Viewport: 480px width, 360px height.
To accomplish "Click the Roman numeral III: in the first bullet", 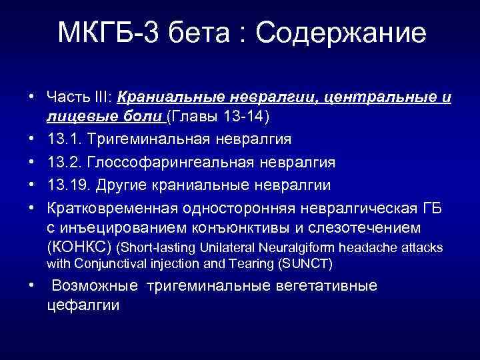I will (x=101, y=98).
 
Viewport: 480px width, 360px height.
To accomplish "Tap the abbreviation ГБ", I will (x=433, y=206).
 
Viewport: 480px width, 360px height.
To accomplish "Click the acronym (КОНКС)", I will (x=79, y=247).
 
